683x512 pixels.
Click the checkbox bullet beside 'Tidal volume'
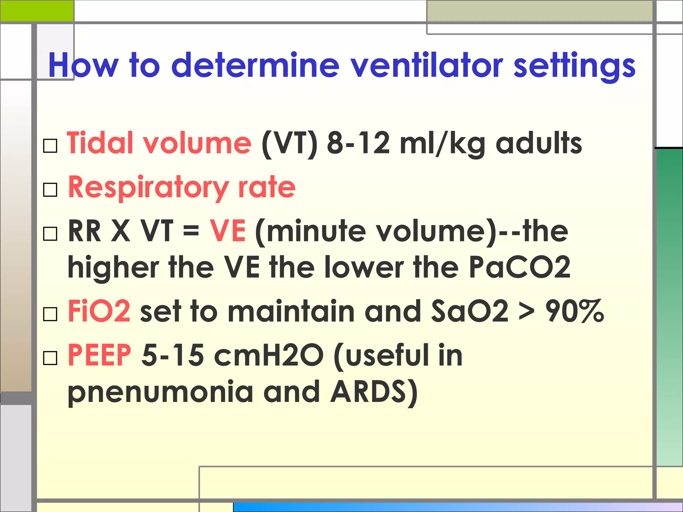pos(50,146)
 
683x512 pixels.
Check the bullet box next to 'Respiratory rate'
pos(50,190)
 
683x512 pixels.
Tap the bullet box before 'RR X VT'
pos(50,234)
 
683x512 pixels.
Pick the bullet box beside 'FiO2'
pos(50,314)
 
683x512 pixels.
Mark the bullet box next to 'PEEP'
pos(50,358)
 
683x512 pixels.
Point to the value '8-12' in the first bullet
pos(358,143)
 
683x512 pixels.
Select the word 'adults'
pos(539,143)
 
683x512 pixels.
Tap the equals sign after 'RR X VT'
pos(191,231)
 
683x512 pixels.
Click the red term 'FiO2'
pos(99,311)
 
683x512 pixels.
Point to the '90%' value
pos(574,311)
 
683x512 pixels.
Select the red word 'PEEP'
pos(99,355)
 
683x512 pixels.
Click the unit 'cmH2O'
pos(269,355)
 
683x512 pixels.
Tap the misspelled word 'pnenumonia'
pos(160,392)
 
